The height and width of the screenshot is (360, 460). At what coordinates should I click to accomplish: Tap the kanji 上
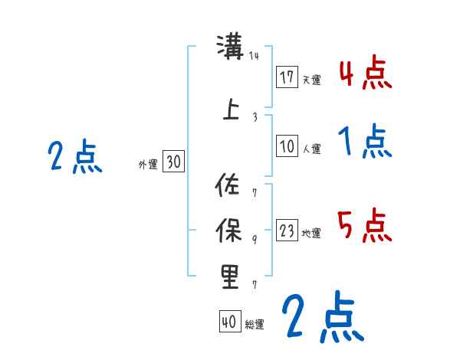coord(230,109)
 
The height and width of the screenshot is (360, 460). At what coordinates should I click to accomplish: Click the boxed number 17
coord(287,77)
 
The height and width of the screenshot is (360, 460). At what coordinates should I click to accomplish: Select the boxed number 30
coord(173,162)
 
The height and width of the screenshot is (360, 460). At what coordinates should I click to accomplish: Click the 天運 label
coord(311,80)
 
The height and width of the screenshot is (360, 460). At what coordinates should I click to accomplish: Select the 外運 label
coord(148,164)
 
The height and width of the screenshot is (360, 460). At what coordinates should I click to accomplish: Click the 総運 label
coord(254,325)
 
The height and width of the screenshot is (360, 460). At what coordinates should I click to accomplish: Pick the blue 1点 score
coord(365,142)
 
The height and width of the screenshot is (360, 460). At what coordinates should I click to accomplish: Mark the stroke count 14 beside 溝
coord(255,56)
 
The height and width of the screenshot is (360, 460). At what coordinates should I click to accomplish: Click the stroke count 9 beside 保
coord(255,240)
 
